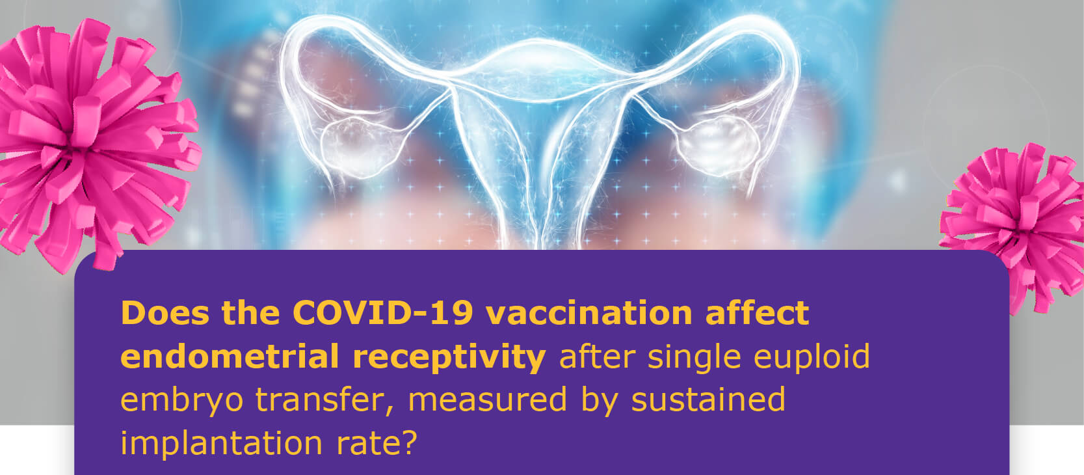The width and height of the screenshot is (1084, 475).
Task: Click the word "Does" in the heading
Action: point(165,313)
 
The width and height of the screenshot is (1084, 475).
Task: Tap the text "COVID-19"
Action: point(383,313)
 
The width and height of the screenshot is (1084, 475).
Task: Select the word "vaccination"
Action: point(589,313)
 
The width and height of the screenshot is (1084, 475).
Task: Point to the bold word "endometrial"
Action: point(230,357)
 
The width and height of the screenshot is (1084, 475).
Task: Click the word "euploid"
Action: point(812,357)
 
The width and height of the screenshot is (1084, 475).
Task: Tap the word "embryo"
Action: point(181,401)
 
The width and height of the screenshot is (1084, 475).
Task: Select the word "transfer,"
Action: point(324,400)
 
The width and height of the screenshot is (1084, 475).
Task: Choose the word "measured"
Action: point(487,400)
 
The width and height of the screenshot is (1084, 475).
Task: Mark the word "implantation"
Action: point(221,444)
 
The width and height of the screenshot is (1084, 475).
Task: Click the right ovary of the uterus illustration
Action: point(718,145)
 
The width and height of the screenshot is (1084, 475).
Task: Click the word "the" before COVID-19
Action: point(250,313)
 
